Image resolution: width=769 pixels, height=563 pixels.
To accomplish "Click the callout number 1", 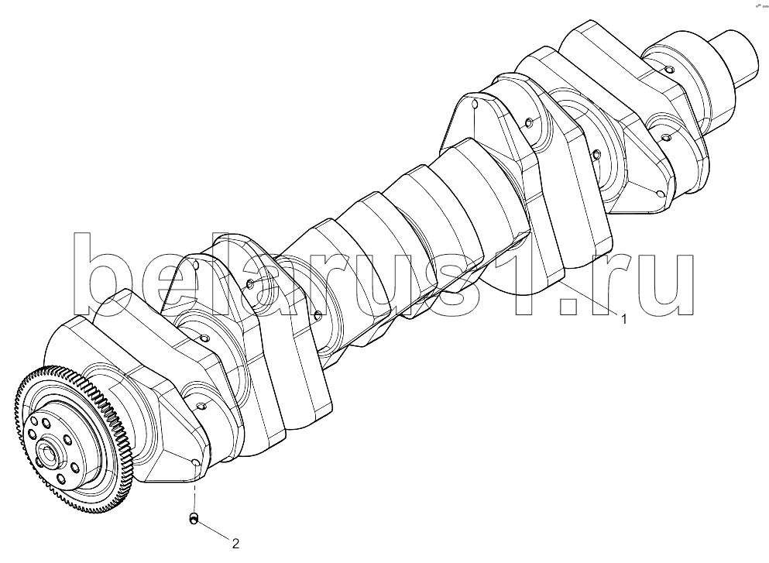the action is click(x=624, y=319).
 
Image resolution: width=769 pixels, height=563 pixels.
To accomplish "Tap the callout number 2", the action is click(x=235, y=544).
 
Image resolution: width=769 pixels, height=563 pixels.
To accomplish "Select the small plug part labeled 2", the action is click(x=194, y=517).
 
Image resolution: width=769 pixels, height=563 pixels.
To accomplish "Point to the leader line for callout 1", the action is click(x=588, y=299).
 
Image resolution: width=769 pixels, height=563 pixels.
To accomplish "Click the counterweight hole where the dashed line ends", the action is click(x=194, y=463).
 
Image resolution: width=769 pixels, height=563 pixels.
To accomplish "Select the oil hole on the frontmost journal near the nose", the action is click(x=667, y=70).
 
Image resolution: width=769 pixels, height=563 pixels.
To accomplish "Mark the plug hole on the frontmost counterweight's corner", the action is click(x=661, y=194).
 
